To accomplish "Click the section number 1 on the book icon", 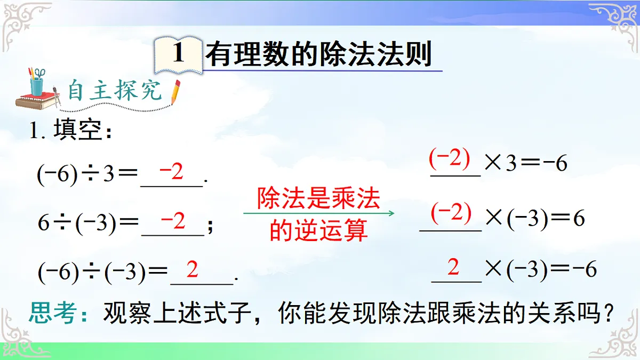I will pos(178,54).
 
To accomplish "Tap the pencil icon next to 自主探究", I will pos(174,92).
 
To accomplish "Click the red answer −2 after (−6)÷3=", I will pos(171,172).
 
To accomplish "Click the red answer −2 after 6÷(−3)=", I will pos(172,220).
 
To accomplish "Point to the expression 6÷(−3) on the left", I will pos(77,223).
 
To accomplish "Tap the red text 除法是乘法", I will pos(318,199).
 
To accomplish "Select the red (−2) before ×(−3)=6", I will pos(451,213).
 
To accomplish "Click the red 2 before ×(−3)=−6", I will pos(453,267).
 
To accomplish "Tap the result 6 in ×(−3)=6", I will pos(579,219).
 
